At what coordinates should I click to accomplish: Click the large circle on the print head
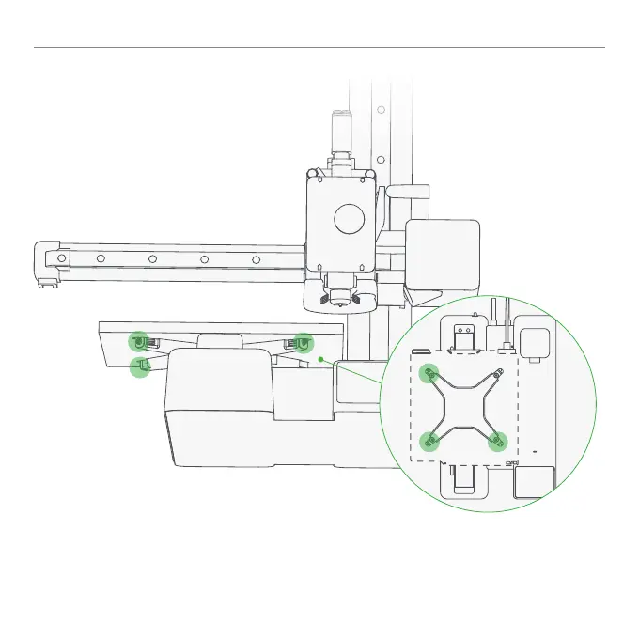349,219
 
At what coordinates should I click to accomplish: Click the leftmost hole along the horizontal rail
62,257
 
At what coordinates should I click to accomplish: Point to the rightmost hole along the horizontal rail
255,258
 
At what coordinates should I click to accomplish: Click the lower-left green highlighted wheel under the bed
140,366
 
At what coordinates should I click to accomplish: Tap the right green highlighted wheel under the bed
303,343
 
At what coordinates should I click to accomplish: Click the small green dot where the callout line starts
320,358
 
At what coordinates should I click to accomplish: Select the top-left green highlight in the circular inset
430,373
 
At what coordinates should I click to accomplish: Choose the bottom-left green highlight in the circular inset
430,439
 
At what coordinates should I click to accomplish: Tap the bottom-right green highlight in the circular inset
498,439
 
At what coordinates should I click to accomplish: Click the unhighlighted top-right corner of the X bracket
498,373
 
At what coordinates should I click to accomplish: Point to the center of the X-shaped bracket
464,406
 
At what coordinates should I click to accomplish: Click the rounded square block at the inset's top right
535,345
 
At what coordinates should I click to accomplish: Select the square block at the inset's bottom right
533,482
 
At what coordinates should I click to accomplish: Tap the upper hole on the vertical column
381,109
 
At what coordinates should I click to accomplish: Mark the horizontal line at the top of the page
319,47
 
